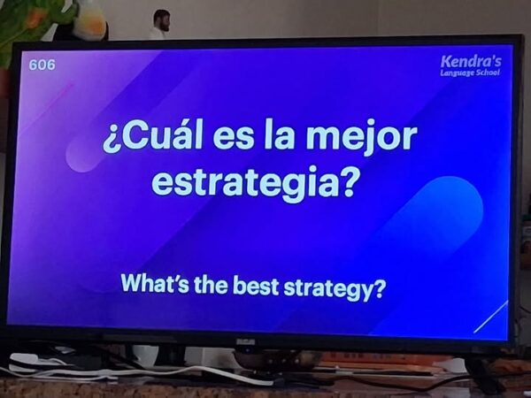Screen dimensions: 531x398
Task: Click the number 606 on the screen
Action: point(42,65)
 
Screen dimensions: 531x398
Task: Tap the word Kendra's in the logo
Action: point(471,62)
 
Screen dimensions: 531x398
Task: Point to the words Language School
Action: point(470,73)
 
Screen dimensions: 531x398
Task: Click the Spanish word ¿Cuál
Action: point(152,136)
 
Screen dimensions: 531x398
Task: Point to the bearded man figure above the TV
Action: point(160,23)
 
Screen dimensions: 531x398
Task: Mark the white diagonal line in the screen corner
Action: point(490,317)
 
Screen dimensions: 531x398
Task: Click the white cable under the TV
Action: point(135,373)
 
